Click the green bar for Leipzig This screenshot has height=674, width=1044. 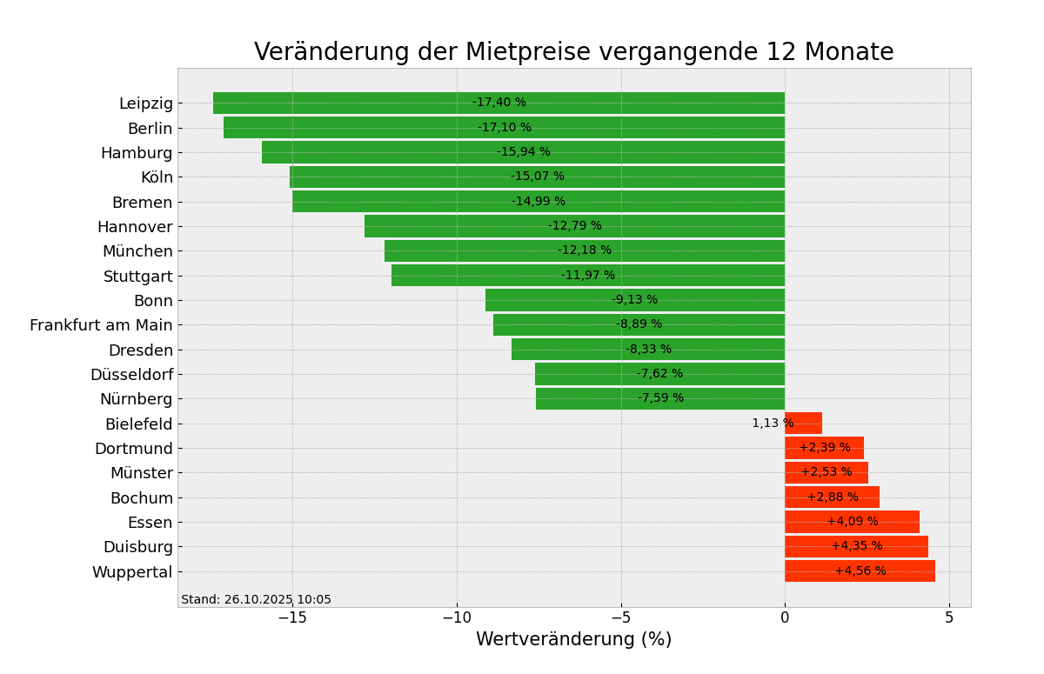click(x=348, y=103)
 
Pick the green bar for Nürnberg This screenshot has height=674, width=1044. click(x=592, y=398)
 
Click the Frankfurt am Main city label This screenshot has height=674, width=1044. click(x=101, y=325)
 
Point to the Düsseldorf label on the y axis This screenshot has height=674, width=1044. click(x=131, y=375)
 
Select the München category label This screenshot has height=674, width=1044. click(x=137, y=251)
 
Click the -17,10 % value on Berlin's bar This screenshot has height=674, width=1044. click(x=504, y=128)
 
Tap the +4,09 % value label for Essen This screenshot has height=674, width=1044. click(x=853, y=522)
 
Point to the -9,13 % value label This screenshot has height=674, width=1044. click(x=634, y=300)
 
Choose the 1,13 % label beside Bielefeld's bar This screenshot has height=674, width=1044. click(x=773, y=424)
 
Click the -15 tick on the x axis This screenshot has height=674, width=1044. click(x=292, y=617)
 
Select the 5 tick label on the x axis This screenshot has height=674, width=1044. click(x=949, y=617)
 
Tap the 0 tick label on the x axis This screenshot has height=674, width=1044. click(x=785, y=617)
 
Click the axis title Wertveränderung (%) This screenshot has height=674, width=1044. click(x=573, y=640)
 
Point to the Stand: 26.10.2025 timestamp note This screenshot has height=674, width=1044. click(x=256, y=600)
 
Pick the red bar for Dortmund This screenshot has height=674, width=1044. click(x=824, y=448)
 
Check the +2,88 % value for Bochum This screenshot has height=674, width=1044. click(x=833, y=497)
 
